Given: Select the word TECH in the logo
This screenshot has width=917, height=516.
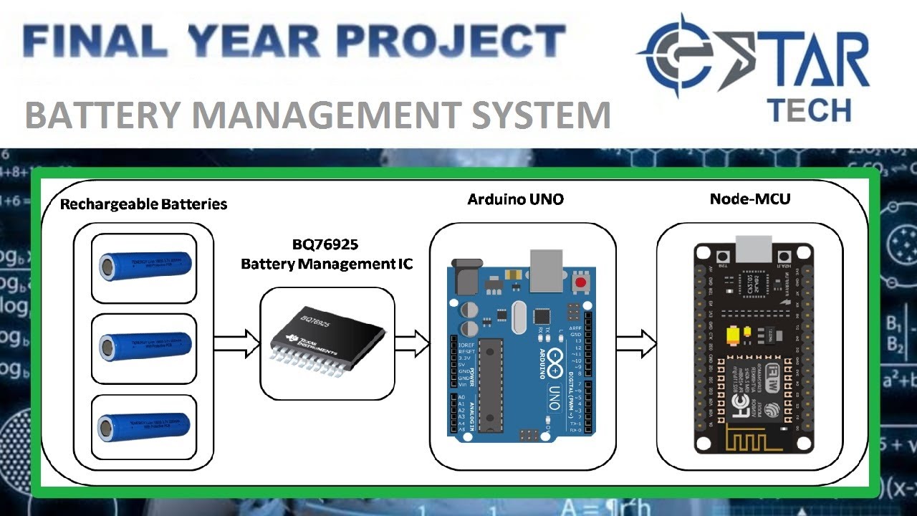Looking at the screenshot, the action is click(808, 110).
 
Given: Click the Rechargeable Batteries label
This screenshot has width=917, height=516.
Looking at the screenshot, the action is click(143, 204).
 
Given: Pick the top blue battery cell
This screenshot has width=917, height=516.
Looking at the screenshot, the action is click(145, 267).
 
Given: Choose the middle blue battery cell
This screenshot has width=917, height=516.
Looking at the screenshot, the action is click(145, 347).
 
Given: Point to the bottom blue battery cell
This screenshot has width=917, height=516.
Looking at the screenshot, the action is click(145, 427).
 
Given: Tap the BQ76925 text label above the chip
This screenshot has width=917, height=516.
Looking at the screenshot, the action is click(327, 244).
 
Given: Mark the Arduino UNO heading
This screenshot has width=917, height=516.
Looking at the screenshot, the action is click(515, 199).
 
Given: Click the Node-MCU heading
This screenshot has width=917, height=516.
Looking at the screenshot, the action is click(750, 199).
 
